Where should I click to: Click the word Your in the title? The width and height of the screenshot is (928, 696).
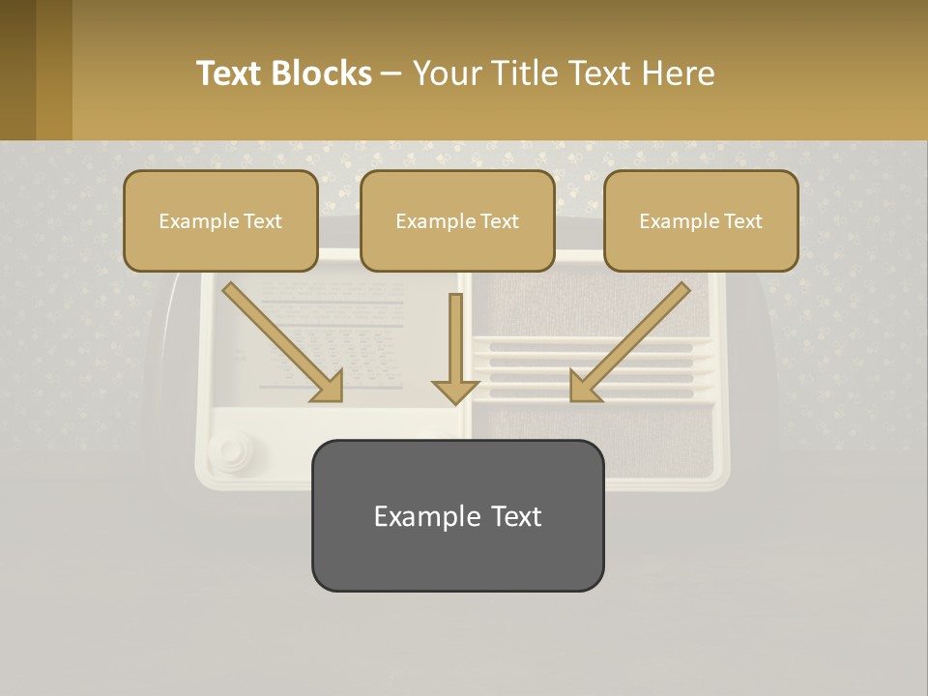pyautogui.click(x=445, y=73)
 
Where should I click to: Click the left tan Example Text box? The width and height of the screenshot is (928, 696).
pyautogui.click(x=220, y=220)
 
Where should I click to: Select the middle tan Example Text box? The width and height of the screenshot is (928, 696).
pyautogui.click(x=457, y=220)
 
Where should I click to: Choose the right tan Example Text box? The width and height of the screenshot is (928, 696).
pyautogui.click(x=701, y=220)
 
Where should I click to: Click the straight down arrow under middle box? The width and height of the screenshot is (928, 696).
pyautogui.click(x=455, y=348)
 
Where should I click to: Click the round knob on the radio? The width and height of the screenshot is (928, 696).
pyautogui.click(x=229, y=449)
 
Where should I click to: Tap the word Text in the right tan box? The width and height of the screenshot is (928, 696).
pyautogui.click(x=742, y=221)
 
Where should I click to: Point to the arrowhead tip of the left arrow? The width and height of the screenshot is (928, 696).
pyautogui.click(x=340, y=399)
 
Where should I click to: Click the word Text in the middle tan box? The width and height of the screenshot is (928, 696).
pyautogui.click(x=499, y=221)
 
